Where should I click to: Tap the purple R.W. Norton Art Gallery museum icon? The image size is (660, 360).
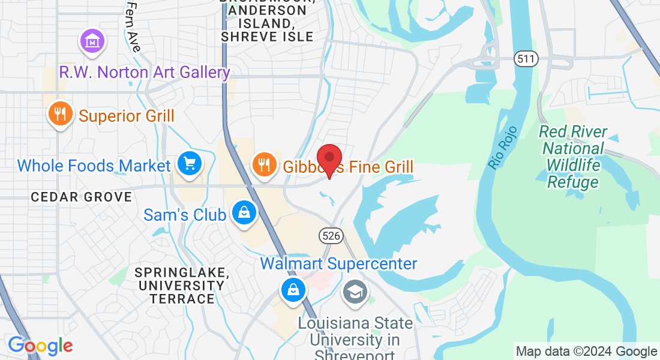coord(93,42)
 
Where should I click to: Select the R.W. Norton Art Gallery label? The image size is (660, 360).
coord(145,73)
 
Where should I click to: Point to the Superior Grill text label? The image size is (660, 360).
coord(127,116)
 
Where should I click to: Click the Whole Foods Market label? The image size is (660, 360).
coord(94,166)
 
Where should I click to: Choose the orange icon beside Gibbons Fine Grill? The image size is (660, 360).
coord(263,163)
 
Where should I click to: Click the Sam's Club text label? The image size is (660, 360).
coord(185,214)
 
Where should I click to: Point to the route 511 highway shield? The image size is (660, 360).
coord(526,59)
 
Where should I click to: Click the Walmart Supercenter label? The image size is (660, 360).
coord(338,264)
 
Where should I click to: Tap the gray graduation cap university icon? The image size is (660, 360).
coord(355,292)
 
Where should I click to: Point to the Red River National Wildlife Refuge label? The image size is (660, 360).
coord(572,157)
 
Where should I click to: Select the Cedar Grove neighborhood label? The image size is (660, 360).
coord(82,197)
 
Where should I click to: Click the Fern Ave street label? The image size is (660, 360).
coord(133,25)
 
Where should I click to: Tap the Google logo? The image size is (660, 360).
coord(40,346)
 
